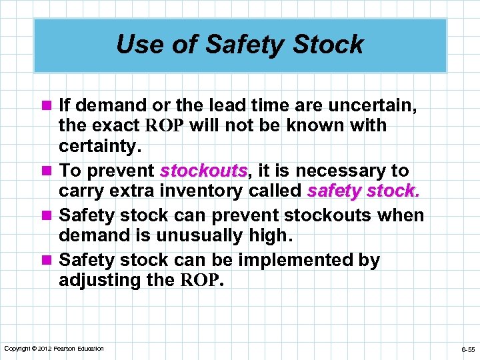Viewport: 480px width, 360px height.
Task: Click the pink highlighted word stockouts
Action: (204, 171)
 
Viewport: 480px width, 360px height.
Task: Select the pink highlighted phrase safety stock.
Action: (363, 191)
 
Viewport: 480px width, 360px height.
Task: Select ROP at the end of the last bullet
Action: (201, 281)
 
